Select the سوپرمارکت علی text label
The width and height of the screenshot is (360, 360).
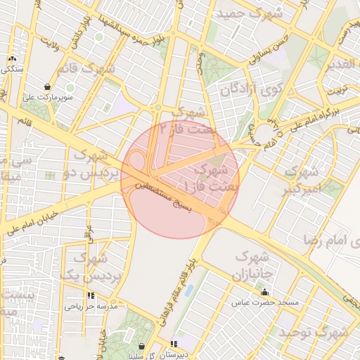pyautogui.click(x=46, y=98)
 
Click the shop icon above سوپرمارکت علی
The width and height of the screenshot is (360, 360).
pyautogui.click(x=47, y=87)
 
